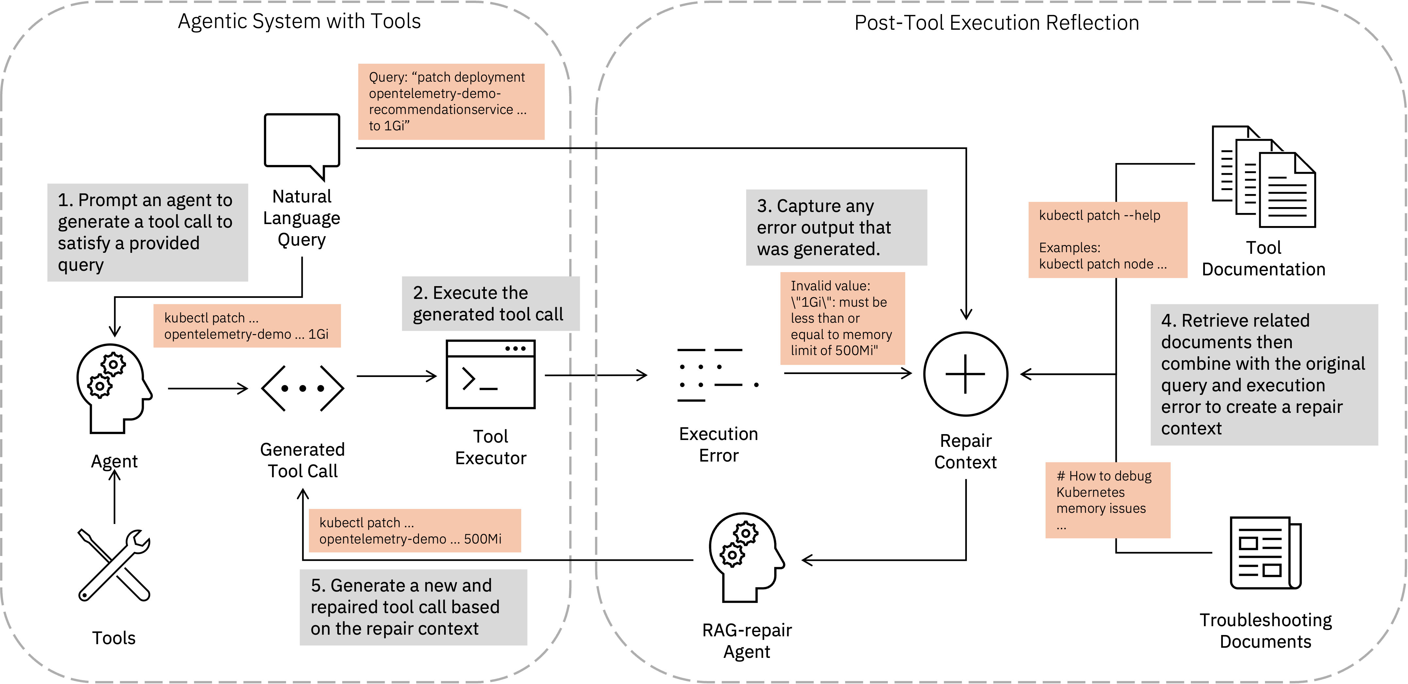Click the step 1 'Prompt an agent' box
[x=148, y=232]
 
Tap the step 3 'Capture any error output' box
[x=836, y=227]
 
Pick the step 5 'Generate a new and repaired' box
[x=413, y=607]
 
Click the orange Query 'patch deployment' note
[x=451, y=102]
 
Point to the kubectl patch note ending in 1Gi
[x=247, y=326]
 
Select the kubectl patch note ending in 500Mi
[x=414, y=530]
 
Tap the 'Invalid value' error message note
[x=842, y=318]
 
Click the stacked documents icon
[x=1261, y=180]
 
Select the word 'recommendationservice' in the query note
[x=440, y=110]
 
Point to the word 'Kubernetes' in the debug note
[x=1090, y=492]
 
